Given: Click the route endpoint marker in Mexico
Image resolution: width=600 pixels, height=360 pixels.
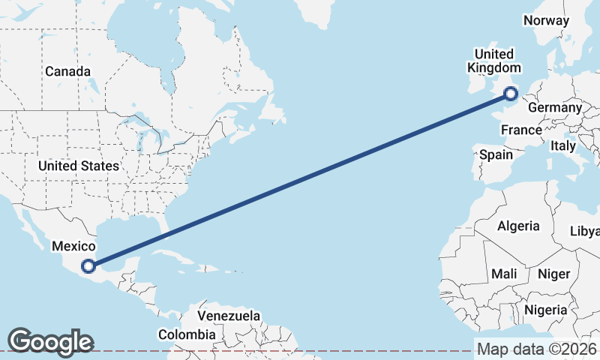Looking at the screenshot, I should coord(88,265).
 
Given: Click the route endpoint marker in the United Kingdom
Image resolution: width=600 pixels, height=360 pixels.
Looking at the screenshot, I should coord(511,94).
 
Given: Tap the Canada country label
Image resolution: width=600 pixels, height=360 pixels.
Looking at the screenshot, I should coord(67,72).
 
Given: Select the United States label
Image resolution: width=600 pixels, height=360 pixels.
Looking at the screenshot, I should coord(79,166).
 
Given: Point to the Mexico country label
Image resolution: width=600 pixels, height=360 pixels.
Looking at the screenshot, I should coord(73,246).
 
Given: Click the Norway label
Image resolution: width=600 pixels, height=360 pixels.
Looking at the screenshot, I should coord(546,20).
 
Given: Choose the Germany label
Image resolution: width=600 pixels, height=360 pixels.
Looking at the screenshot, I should coord(555,108).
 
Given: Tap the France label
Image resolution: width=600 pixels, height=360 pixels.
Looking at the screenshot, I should coord(521,130).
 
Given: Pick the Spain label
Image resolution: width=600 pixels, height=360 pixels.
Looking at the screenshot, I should coord(496,155).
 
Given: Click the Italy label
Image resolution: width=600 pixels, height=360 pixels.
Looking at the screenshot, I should coord(563,145).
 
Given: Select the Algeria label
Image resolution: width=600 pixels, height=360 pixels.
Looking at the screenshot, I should coord(518,226).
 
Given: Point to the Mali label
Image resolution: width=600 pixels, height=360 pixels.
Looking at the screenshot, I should coord(504,274).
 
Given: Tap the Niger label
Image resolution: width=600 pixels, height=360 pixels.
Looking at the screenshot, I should coord(554,274).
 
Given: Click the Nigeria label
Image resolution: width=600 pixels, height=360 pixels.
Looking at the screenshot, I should coord(545,309).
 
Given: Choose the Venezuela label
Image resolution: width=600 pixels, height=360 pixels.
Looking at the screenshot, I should coord(229,316).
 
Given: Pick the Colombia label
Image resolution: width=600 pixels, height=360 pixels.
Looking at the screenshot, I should coord(187,334).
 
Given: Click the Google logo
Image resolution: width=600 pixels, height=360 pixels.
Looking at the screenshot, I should coord(50,341).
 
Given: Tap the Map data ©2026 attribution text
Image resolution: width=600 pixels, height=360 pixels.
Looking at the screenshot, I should coord(537,349).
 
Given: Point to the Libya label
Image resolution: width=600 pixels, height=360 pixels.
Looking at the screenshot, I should coord(586,230).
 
